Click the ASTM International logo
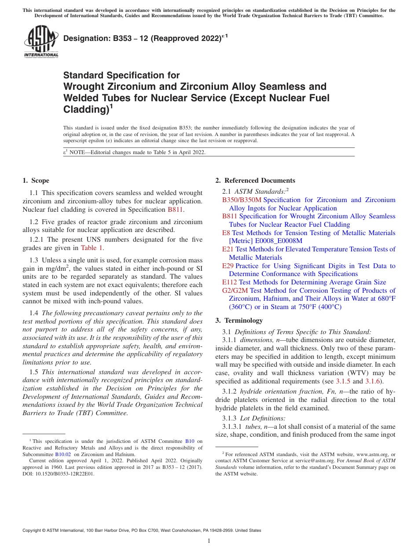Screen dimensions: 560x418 (40, 41)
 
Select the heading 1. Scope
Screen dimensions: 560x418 (36, 181)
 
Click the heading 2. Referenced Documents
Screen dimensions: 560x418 (255, 181)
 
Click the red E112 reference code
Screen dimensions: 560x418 (229, 282)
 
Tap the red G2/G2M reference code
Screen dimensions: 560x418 (235, 291)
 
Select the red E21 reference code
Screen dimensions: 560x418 (227, 249)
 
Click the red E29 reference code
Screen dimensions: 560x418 (227, 266)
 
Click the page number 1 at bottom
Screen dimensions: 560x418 (209, 541)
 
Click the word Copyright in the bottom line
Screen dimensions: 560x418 (33, 531)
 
